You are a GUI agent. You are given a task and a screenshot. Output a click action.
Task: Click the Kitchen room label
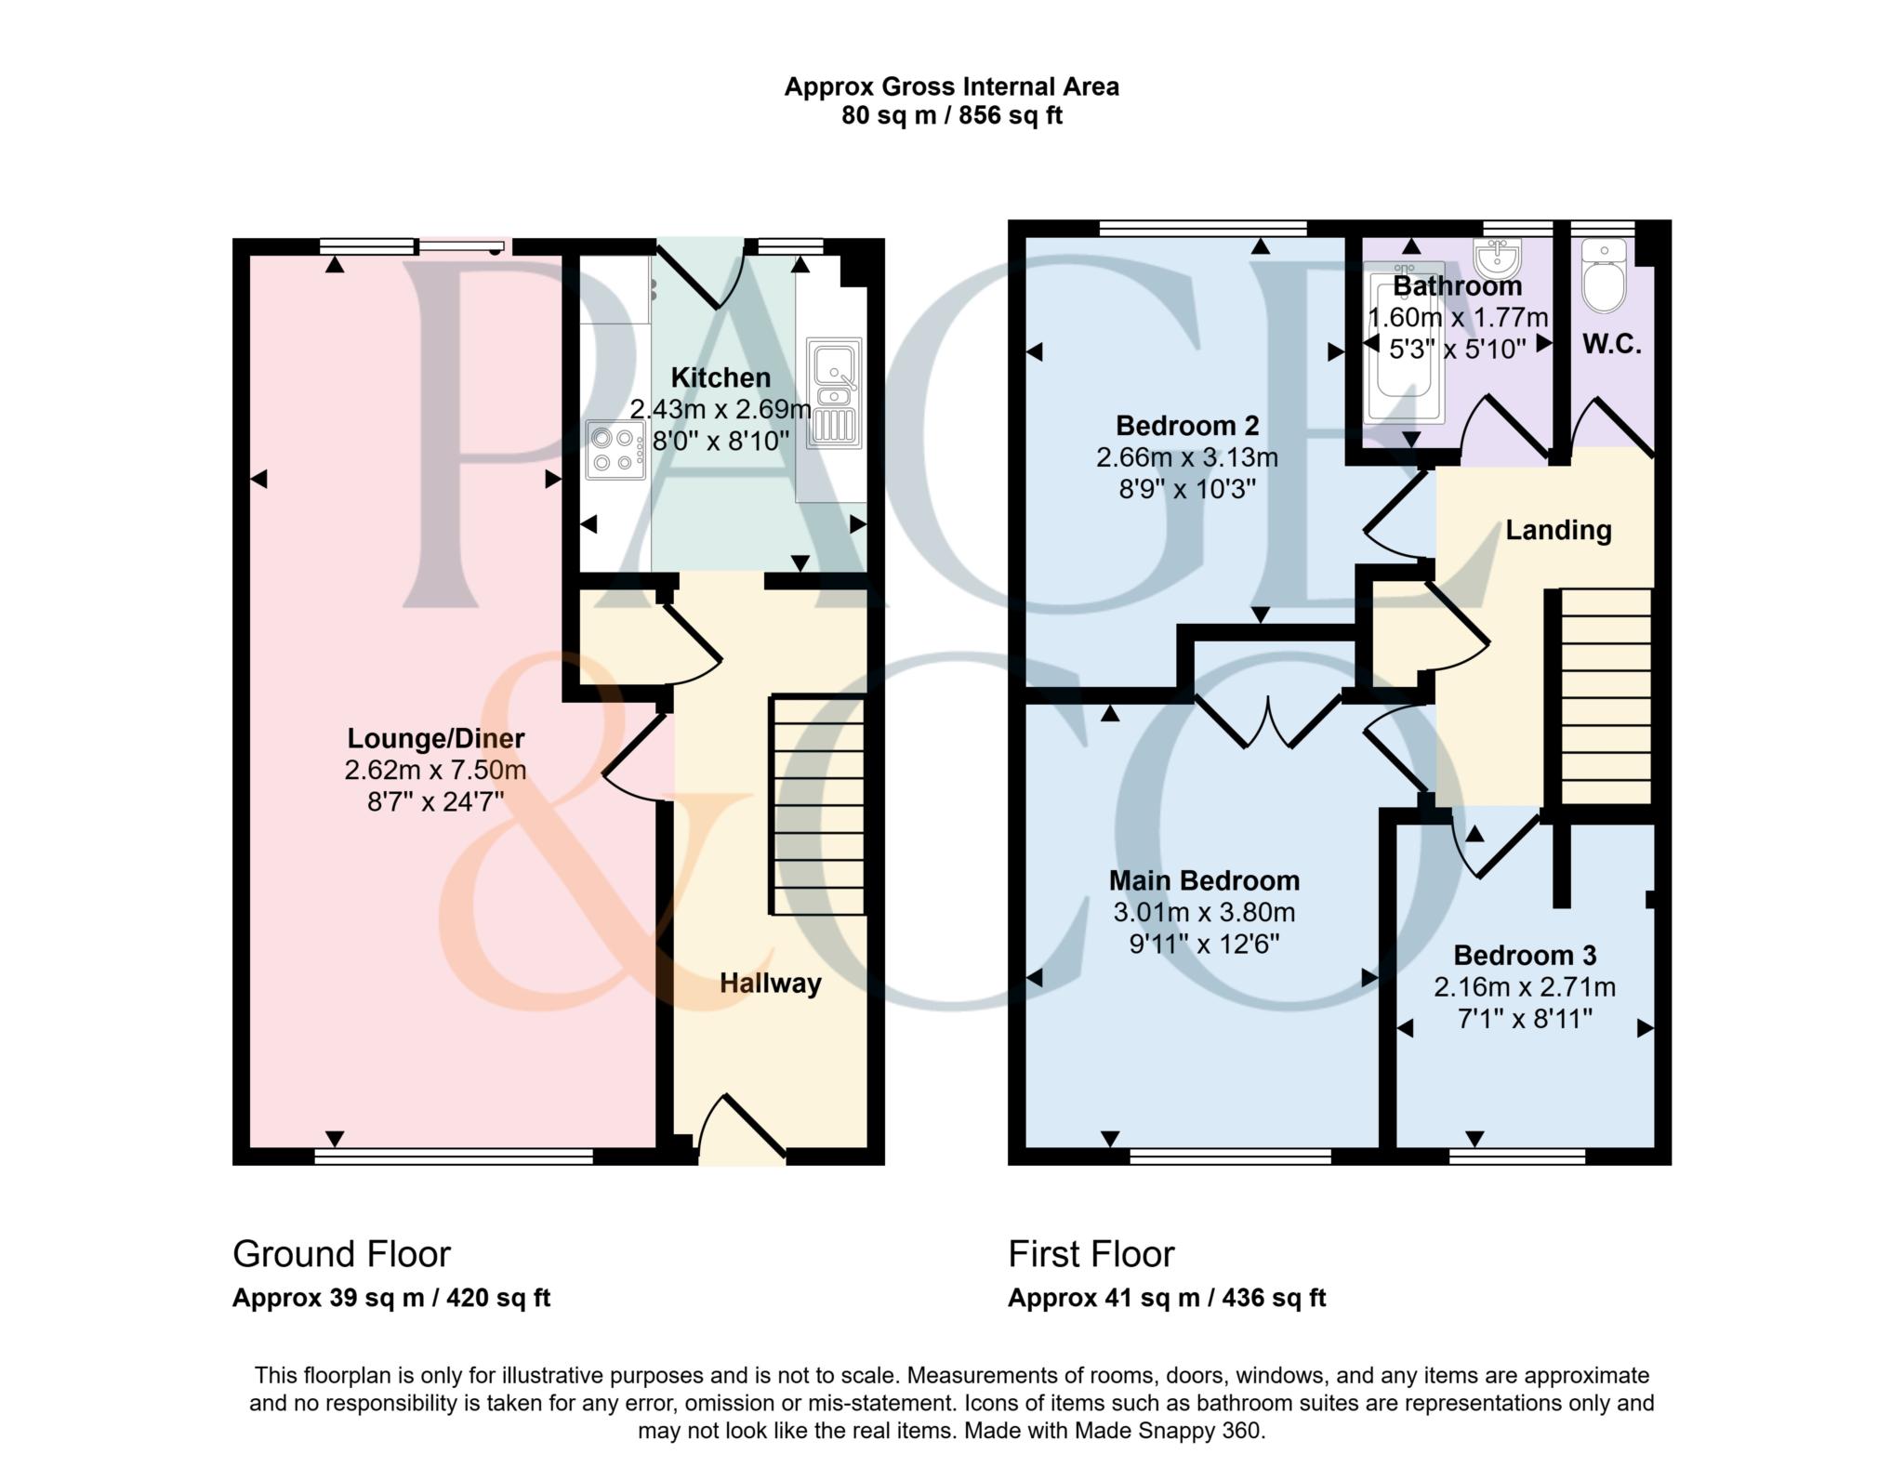coord(721,378)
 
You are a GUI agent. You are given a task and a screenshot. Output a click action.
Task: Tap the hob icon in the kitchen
coord(615,450)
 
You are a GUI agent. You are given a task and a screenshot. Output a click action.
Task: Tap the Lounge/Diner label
coord(435,739)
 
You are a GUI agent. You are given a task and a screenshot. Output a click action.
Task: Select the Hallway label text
coord(770,984)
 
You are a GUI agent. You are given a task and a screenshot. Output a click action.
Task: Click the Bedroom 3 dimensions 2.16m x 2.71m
coord(1524,987)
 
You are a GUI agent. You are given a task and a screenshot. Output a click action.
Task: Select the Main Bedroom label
coord(1204,880)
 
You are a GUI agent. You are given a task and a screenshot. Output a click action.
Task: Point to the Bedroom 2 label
coord(1187,426)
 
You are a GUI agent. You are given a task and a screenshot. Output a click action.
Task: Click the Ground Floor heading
coord(341,1254)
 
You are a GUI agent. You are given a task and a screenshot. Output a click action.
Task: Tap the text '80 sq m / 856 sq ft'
coord(951,116)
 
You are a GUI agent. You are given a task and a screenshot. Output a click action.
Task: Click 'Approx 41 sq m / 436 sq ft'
coord(1166,1298)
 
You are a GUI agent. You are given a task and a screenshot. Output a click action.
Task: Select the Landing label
coord(1558,530)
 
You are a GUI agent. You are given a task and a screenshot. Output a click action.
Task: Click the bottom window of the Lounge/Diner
coord(454,1156)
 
